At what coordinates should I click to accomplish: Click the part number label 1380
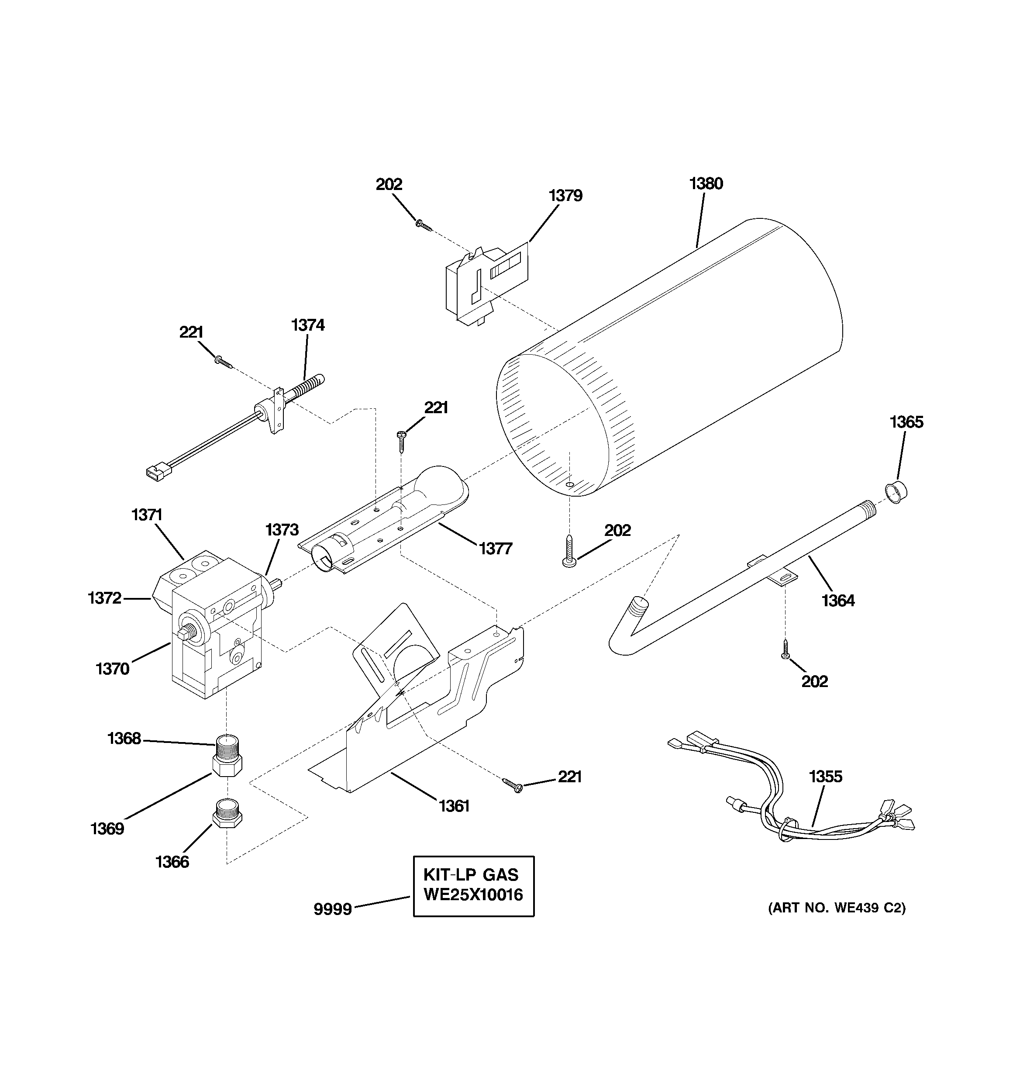click(706, 184)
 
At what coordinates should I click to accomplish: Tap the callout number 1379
click(565, 196)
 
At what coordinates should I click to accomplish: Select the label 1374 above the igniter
click(308, 325)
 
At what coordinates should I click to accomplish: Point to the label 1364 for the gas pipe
click(838, 601)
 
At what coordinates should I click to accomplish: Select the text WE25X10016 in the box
click(473, 895)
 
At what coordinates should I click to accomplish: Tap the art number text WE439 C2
click(837, 908)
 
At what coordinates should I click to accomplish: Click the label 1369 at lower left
click(107, 829)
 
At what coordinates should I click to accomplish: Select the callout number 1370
click(113, 669)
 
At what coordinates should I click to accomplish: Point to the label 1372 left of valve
click(104, 598)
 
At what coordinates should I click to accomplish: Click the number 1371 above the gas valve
click(147, 515)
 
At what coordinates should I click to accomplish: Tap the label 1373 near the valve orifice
click(282, 530)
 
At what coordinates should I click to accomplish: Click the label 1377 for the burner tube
click(495, 549)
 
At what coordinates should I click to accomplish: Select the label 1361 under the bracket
click(454, 806)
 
